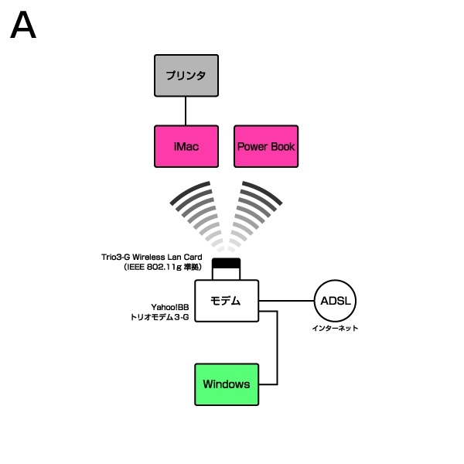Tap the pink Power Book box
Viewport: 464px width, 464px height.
(265, 146)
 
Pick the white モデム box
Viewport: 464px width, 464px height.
(226, 301)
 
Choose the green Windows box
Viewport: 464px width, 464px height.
(226, 384)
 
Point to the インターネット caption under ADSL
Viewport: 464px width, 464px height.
(335, 329)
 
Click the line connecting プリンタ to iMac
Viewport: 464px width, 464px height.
(185, 111)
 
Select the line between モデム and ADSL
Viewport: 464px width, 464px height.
(286, 300)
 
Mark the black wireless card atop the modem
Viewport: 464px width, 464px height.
(227, 264)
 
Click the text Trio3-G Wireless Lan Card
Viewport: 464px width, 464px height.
(152, 257)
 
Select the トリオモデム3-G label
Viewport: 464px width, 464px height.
(160, 317)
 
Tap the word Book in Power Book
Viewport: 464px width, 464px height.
(281, 146)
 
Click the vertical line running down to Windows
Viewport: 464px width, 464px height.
(277, 348)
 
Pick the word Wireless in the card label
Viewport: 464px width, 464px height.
(151, 257)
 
